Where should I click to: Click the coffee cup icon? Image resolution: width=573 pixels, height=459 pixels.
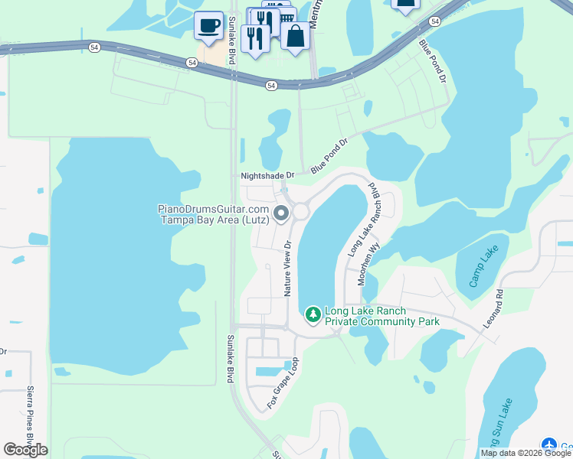click(208, 25)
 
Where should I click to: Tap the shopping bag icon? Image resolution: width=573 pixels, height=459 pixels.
click(295, 35)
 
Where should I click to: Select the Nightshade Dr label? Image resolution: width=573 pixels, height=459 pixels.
click(267, 176)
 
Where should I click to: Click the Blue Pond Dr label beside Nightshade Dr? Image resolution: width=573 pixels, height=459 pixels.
click(330, 156)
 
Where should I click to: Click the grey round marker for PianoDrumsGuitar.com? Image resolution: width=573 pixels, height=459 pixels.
click(281, 214)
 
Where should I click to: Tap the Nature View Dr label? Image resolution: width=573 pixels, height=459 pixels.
click(289, 269)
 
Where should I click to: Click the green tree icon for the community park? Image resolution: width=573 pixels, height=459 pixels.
click(313, 314)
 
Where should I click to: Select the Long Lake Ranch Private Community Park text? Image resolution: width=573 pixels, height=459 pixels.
click(382, 317)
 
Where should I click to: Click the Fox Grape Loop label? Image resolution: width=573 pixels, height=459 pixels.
click(282, 382)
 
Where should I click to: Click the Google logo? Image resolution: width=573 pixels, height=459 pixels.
click(25, 449)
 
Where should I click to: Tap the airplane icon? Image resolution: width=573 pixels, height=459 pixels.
click(548, 444)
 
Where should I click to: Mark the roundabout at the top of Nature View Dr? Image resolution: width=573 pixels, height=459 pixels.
click(300, 210)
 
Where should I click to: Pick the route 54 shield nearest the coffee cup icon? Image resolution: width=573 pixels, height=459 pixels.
click(190, 62)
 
